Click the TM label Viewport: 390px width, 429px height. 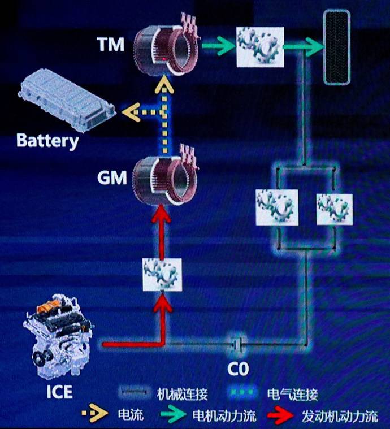click(110, 44)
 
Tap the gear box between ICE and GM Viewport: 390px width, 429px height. click(162, 275)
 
